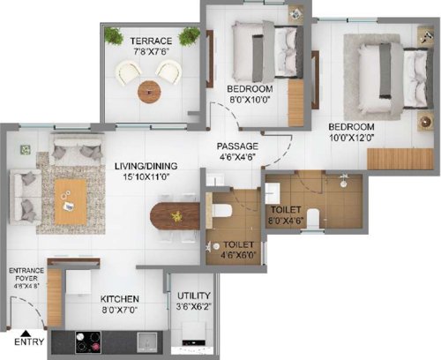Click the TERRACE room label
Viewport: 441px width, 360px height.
click(x=151, y=41)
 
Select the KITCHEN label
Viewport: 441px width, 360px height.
click(x=120, y=298)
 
